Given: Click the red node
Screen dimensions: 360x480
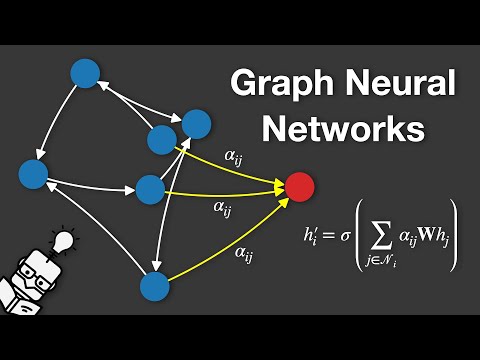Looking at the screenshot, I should [x=299, y=186].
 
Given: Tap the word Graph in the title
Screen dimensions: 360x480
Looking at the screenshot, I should [x=281, y=84].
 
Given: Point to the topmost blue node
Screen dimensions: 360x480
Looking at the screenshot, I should [x=85, y=73].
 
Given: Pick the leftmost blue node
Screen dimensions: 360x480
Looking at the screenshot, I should [x=33, y=175].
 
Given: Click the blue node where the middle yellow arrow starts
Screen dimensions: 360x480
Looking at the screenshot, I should [x=149, y=188].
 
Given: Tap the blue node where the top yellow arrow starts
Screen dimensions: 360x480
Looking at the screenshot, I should [x=162, y=140].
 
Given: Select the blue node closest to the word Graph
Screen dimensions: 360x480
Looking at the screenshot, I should [x=196, y=124].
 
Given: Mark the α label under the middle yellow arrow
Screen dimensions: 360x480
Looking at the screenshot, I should [x=222, y=208].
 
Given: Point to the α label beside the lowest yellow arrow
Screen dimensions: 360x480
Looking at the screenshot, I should [x=244, y=254].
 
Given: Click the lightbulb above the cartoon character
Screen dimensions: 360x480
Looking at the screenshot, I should [x=64, y=240].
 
